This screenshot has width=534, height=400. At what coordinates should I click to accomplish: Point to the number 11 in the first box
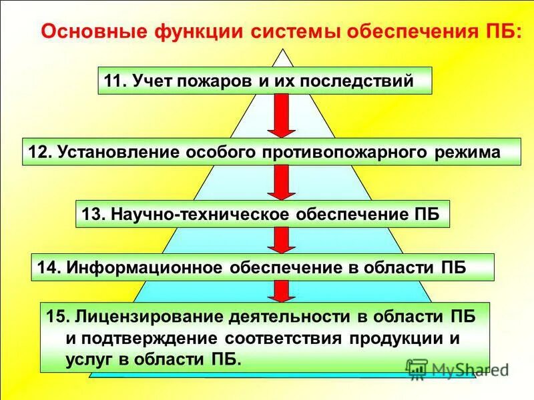point(114,81)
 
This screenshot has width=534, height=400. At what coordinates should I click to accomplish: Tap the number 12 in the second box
point(39,152)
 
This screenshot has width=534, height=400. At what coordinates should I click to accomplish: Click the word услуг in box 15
point(89,359)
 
